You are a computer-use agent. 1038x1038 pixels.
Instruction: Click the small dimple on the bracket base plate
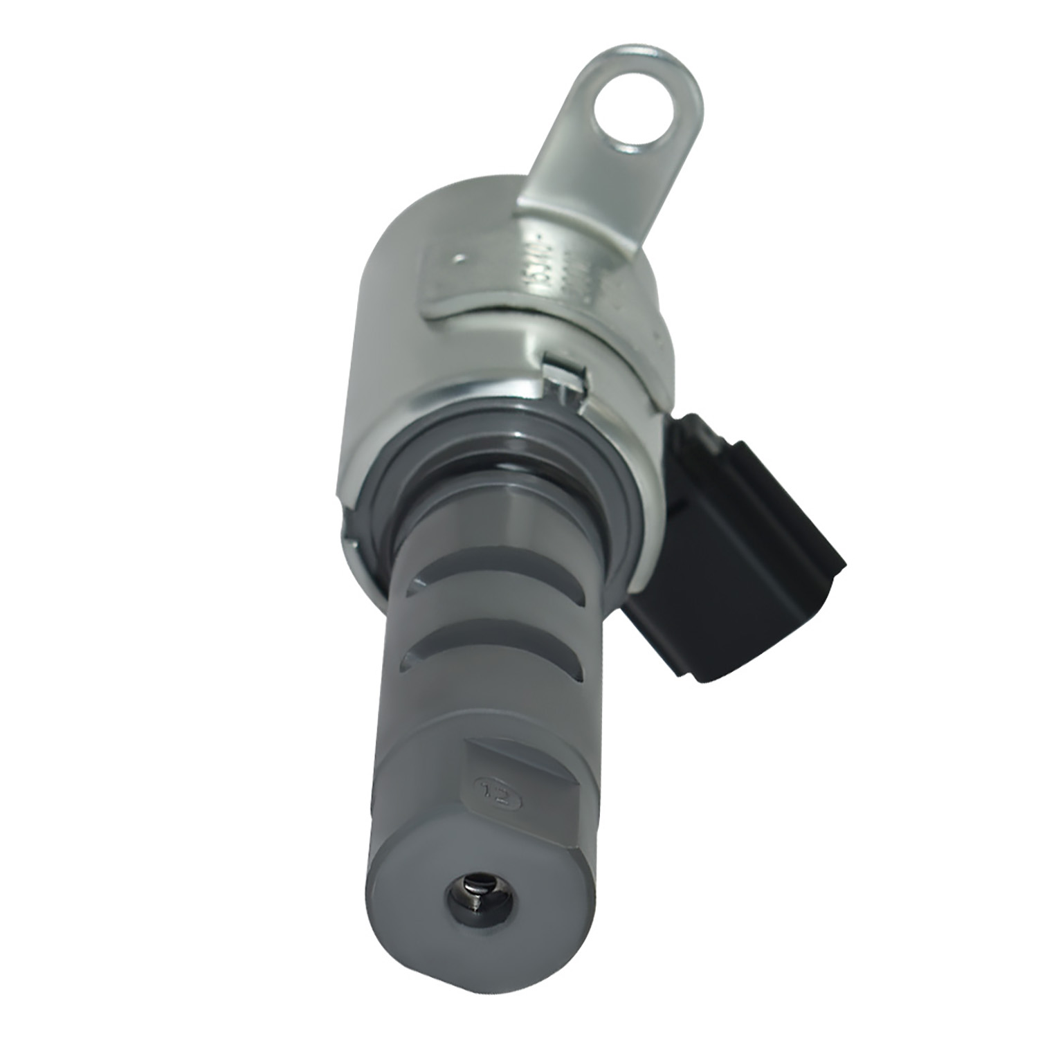point(457,260)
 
